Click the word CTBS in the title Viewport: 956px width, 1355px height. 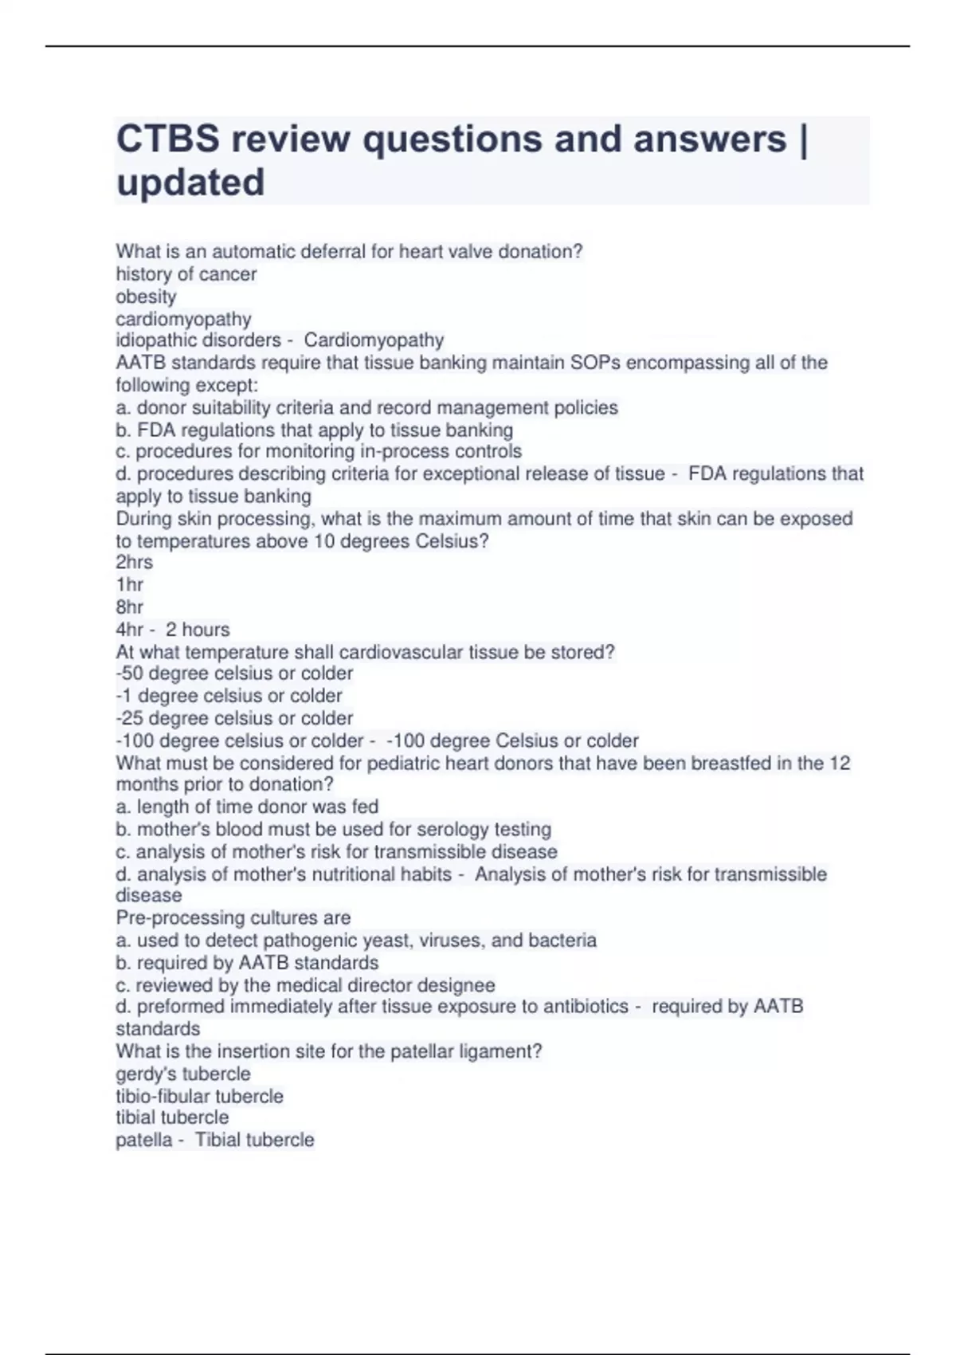click(167, 139)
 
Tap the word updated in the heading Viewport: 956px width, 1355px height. click(190, 183)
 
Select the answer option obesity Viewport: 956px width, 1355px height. click(146, 297)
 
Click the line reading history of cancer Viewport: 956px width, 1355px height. click(186, 274)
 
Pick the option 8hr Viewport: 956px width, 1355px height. click(130, 607)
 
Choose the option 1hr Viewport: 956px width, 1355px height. click(130, 584)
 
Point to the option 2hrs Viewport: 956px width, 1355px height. click(134, 562)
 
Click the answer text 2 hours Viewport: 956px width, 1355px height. click(198, 630)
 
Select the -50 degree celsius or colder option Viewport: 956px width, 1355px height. click(234, 674)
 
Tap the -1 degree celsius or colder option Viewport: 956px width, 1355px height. click(229, 696)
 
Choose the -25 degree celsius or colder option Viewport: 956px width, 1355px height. click(234, 718)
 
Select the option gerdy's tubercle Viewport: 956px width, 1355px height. click(183, 1074)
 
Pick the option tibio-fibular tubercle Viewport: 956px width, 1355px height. click(199, 1096)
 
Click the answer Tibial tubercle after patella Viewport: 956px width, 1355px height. click(255, 1140)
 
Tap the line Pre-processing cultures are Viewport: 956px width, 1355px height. click(233, 917)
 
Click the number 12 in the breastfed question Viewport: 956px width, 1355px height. click(840, 763)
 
